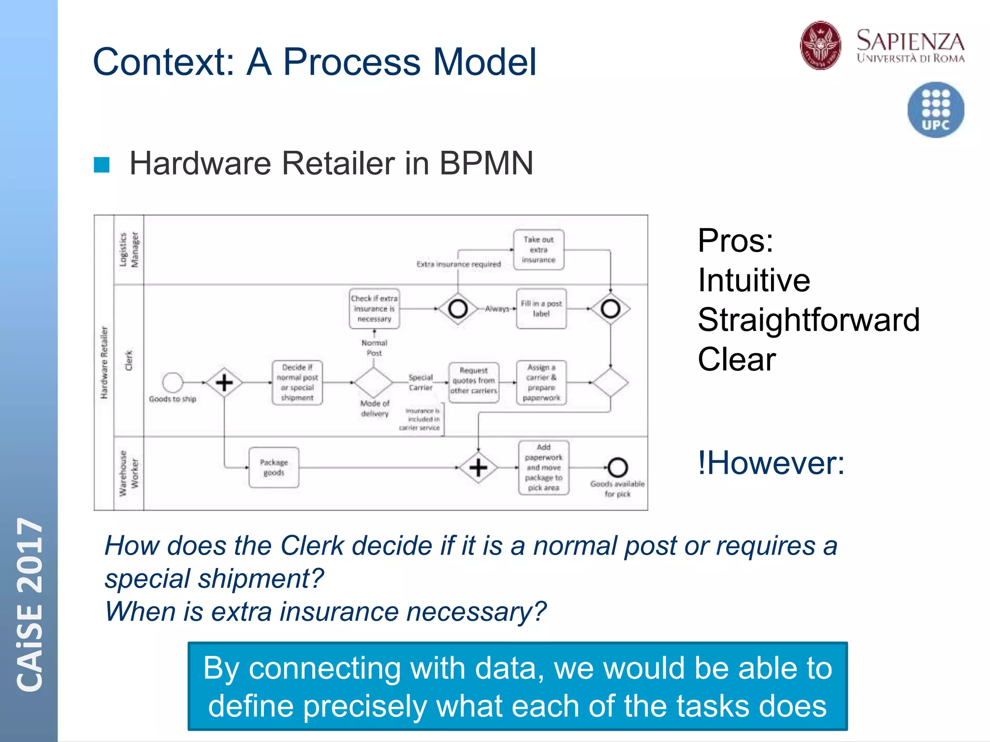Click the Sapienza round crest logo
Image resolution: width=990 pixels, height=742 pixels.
coord(820,45)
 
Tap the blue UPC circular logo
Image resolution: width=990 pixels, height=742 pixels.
coord(935,110)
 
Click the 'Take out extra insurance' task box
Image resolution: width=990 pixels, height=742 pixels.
coord(539,250)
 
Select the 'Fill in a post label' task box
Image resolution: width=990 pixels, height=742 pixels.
coord(541,309)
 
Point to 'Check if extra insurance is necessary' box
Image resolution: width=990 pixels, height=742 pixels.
coord(374,309)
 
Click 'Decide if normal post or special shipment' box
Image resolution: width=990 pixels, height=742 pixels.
coord(297,383)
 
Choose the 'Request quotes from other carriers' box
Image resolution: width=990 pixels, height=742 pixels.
coord(473,381)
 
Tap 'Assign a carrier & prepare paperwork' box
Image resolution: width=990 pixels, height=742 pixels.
coord(541,383)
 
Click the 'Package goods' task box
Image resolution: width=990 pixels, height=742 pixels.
coord(274,468)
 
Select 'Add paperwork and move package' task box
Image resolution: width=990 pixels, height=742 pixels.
coord(543,468)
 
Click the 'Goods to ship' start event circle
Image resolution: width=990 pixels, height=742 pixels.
coord(173,383)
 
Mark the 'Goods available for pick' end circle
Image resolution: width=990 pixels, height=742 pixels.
coord(617,467)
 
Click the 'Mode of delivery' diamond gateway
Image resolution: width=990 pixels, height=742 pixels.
coord(373,383)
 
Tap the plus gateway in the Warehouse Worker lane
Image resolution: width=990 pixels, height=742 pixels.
coord(478,468)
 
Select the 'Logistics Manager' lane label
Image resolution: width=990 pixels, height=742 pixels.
coord(129,250)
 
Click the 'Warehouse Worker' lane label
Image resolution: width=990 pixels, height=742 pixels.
coord(129,473)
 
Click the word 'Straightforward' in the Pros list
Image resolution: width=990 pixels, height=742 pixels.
coord(808,320)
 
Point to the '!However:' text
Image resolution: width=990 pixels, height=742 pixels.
coord(771,463)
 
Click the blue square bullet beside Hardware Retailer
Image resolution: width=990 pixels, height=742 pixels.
coord(102,165)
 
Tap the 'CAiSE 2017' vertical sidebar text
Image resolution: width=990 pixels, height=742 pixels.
coord(30,604)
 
